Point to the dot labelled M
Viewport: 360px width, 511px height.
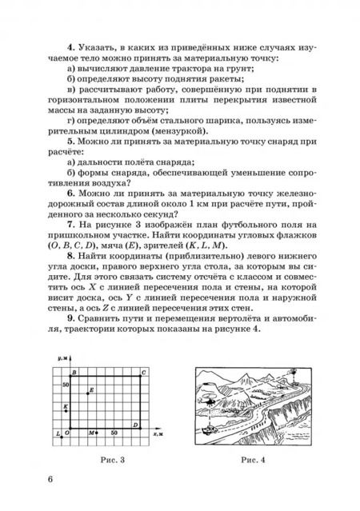tap(95, 433)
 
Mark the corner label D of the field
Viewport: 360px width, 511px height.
tap(136, 425)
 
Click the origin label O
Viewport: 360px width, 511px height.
tap(68, 433)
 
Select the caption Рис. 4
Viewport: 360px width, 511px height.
tap(254, 461)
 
